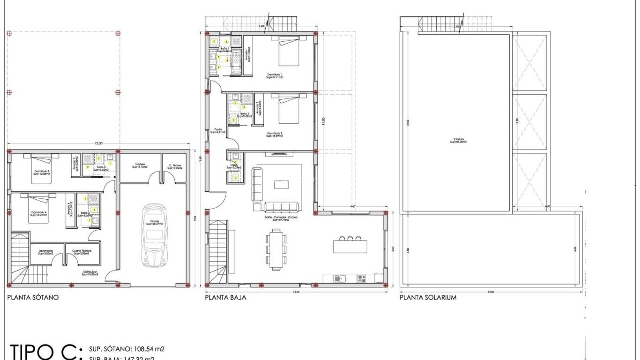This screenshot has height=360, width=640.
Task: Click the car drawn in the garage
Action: (x=155, y=235)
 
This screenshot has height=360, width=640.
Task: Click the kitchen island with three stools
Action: (x=350, y=245)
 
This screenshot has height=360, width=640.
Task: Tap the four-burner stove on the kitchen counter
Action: (x=361, y=278)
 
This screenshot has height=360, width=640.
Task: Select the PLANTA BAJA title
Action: (x=225, y=297)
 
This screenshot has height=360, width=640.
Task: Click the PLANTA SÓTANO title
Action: (x=33, y=297)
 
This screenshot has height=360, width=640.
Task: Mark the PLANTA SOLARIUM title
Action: (x=428, y=297)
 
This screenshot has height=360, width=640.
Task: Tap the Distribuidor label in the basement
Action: (x=90, y=273)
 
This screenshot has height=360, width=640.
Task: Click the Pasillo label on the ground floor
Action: (x=218, y=131)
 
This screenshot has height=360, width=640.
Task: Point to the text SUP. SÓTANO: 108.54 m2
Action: (x=126, y=349)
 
